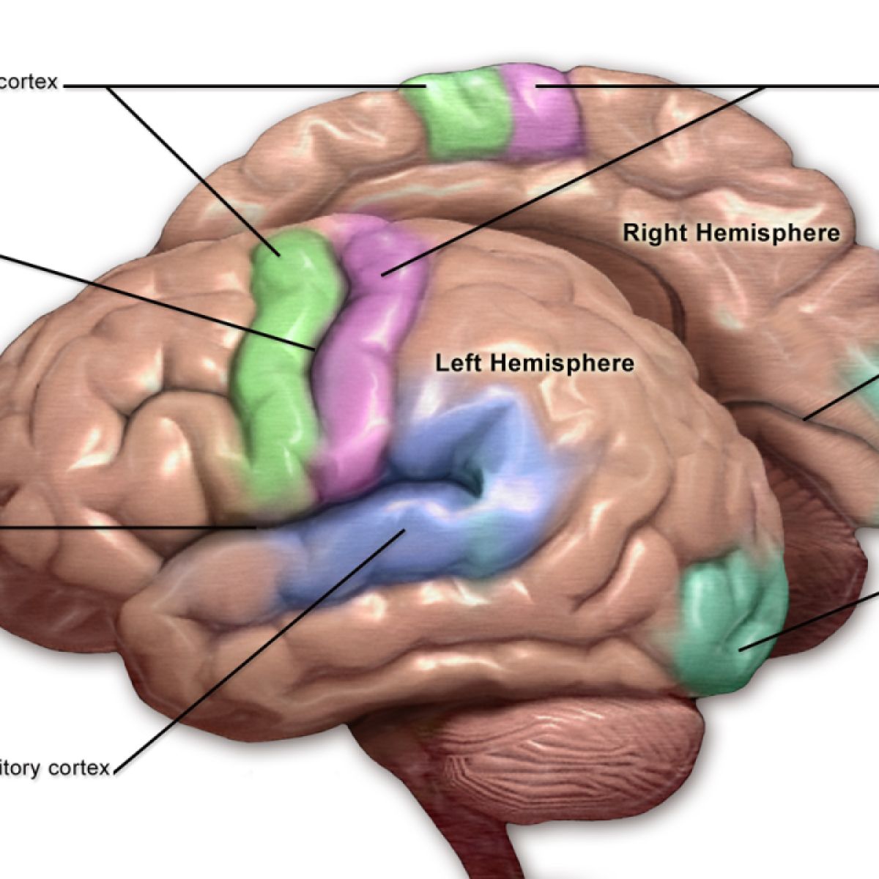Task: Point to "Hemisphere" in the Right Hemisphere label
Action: [767, 234]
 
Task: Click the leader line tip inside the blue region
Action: [403, 531]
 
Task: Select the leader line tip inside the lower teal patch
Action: [741, 648]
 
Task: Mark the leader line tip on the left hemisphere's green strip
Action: [279, 256]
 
